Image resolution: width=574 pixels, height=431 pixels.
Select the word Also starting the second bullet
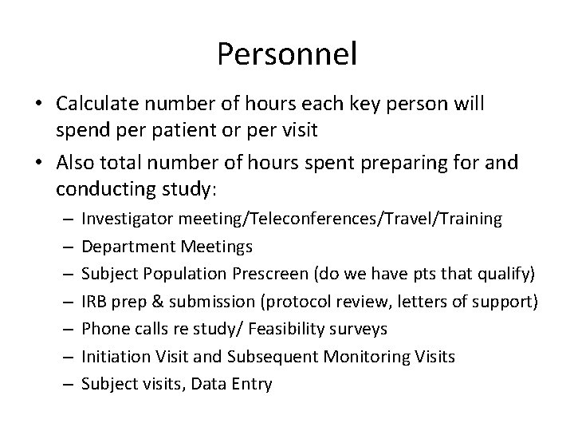[x=77, y=163]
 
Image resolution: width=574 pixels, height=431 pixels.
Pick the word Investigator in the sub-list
[x=123, y=218]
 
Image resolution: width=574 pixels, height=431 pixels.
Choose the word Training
[x=471, y=218]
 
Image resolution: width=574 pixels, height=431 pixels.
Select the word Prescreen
[x=272, y=273]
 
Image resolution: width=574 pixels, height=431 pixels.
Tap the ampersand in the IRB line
[x=147, y=301]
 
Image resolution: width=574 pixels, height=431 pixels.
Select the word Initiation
[x=112, y=356]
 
